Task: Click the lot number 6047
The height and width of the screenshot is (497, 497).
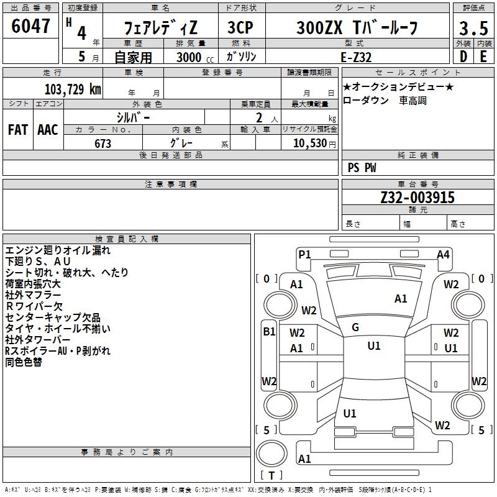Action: pyautogui.click(x=30, y=27)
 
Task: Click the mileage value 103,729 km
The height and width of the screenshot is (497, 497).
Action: pyautogui.click(x=73, y=89)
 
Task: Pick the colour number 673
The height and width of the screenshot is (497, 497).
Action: pyautogui.click(x=103, y=144)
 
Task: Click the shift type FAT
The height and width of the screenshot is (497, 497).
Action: pyautogui.click(x=17, y=129)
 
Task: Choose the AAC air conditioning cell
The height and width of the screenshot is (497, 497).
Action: pyautogui.click(x=47, y=129)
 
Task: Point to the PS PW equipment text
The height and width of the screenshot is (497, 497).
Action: pyautogui.click(x=362, y=167)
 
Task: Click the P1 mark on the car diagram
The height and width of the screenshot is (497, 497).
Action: pyautogui.click(x=304, y=253)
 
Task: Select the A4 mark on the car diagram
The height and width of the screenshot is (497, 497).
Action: pyautogui.click(x=443, y=253)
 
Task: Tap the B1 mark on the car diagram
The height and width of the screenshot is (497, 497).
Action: pyautogui.click(x=268, y=331)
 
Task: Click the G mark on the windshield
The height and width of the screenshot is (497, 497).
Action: pyautogui.click(x=355, y=327)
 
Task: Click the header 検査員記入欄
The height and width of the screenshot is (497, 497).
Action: pyautogui.click(x=127, y=239)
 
